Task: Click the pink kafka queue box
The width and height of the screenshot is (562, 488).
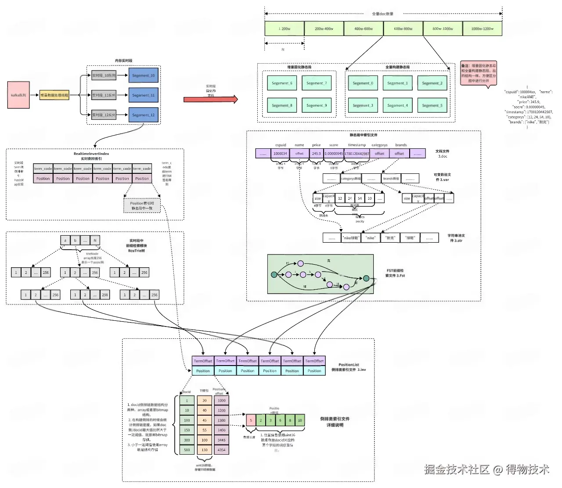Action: tap(18, 95)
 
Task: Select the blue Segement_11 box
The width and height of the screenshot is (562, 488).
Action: tap(143, 95)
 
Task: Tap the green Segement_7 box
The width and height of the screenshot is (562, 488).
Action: tap(317, 83)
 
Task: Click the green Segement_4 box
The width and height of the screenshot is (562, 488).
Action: tap(397, 105)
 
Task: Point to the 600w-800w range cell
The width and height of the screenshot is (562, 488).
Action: tap(403, 29)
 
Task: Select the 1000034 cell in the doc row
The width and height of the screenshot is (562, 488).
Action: tap(280, 154)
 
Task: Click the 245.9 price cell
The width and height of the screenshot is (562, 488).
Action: tap(316, 154)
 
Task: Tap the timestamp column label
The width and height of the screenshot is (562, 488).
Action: tap(357, 145)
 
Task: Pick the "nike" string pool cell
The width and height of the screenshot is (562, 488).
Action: tap(371, 238)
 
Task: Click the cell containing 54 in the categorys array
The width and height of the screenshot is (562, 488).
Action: tap(360, 198)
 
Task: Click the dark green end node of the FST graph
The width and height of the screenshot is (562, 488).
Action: tap(366, 278)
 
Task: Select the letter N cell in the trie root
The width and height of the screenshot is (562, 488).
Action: tap(95, 240)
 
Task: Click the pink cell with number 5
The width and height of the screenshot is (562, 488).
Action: tap(251, 420)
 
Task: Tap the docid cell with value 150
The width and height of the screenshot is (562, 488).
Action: tap(187, 430)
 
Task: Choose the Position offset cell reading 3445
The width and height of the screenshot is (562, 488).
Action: tap(221, 440)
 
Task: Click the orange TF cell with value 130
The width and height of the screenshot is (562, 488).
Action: tap(204, 450)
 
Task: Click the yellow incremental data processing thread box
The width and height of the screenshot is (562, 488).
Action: tap(54, 95)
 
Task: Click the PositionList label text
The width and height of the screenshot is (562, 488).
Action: tap(349, 365)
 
